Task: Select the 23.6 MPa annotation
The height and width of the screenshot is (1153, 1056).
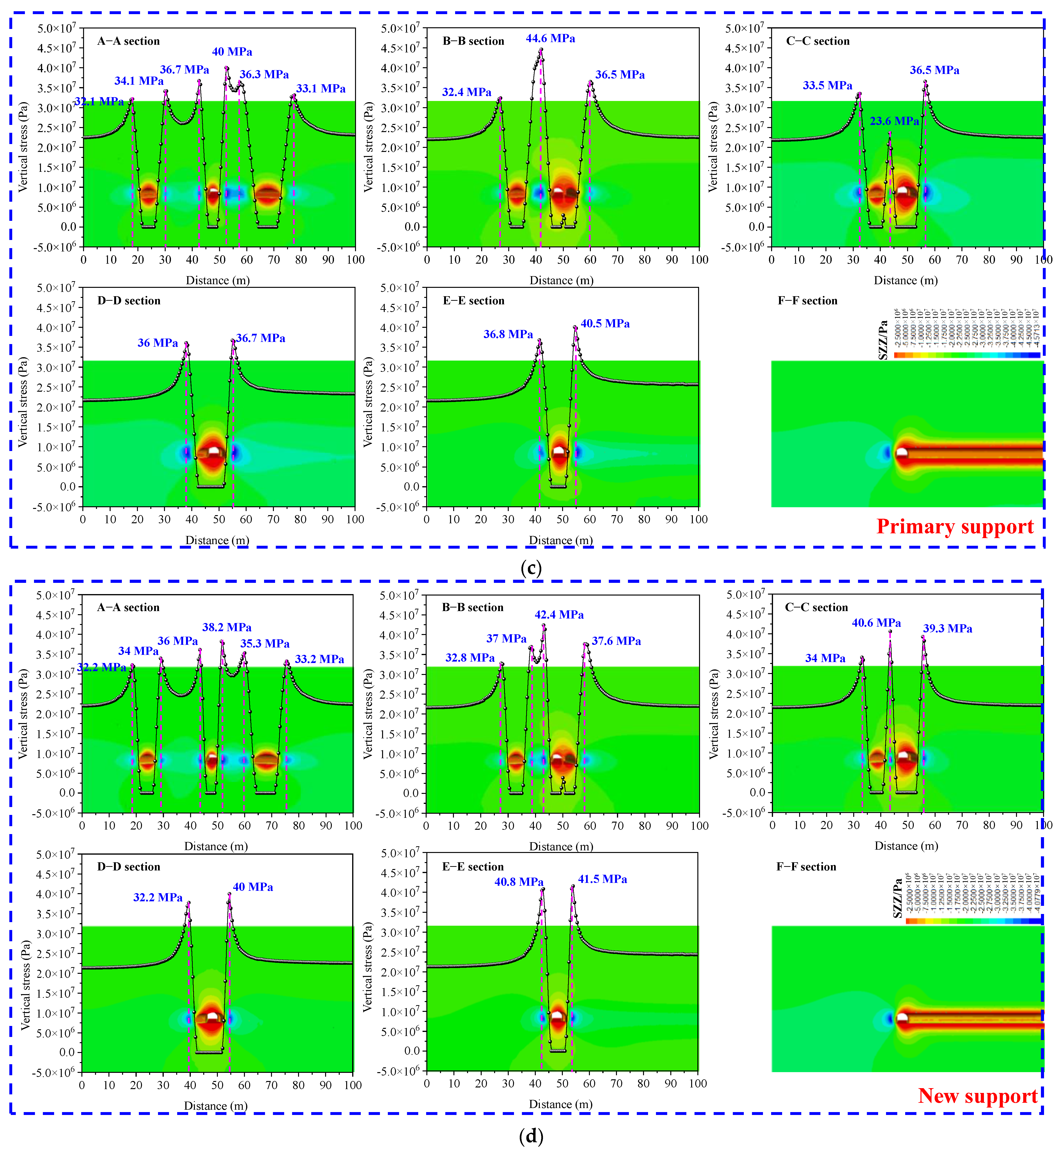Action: [x=894, y=121]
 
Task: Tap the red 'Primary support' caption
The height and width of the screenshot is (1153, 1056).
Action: [x=955, y=526]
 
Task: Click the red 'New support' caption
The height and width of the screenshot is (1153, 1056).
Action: [x=977, y=1095]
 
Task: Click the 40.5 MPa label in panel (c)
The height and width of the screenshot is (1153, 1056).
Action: [x=605, y=324]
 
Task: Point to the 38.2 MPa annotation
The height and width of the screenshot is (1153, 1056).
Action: [x=227, y=627]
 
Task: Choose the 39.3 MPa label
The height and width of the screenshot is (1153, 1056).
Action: [x=947, y=629]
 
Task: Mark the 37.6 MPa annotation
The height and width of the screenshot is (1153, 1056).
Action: [x=616, y=641]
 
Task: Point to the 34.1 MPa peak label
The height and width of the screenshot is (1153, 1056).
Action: [x=139, y=81]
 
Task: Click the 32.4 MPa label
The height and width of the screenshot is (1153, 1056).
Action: [x=466, y=92]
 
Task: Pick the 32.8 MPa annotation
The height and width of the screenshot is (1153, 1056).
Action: [x=470, y=658]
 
